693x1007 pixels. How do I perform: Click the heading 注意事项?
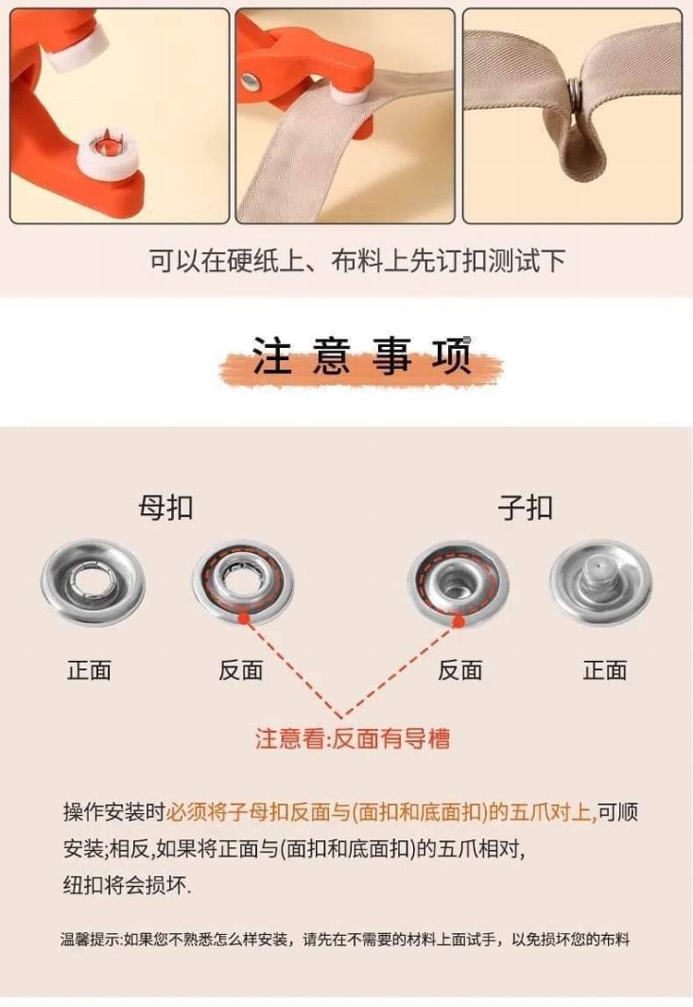[360, 355]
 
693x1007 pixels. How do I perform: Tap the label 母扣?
[165, 508]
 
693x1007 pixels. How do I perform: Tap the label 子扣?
[525, 508]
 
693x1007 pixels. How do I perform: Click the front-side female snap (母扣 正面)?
[93, 583]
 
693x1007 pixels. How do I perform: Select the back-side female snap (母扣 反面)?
[243, 583]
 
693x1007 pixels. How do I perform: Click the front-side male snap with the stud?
[602, 582]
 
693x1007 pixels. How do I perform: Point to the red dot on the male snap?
[458, 621]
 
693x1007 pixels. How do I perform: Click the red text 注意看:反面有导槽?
[352, 738]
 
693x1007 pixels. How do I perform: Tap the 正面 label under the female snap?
[90, 670]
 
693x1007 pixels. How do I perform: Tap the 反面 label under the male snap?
[459, 670]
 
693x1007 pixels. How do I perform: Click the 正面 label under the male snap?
[605, 670]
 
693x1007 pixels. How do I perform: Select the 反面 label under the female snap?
[240, 670]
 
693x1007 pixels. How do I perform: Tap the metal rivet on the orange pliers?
[250, 80]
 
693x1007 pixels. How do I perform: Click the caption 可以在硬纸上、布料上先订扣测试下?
[358, 260]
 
